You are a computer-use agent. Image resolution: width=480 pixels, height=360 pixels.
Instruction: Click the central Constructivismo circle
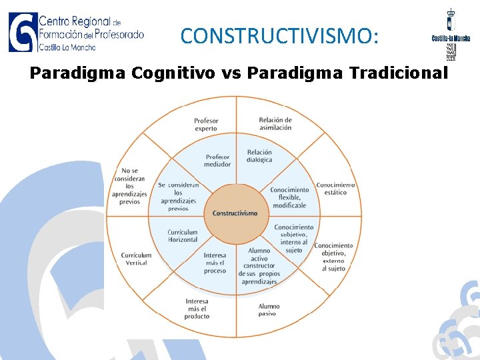click(235, 213)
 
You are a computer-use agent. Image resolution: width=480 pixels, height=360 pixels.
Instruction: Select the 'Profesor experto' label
click(206, 125)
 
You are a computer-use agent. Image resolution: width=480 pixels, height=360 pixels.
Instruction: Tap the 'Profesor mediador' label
click(217, 161)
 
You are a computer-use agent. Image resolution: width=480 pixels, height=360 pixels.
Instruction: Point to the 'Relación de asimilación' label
click(275, 124)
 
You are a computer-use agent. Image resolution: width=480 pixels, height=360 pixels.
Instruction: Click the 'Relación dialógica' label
click(259, 156)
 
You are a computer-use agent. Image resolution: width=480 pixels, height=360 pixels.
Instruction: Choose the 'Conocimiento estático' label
click(335, 188)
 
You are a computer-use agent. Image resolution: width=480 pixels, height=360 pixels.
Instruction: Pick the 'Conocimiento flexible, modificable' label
click(289, 197)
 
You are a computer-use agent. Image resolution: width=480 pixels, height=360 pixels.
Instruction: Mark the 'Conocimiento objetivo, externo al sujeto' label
click(333, 257)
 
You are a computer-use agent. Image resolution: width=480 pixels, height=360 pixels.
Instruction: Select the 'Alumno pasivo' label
click(269, 309)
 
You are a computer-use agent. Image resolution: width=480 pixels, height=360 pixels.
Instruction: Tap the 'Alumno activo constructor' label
click(259, 266)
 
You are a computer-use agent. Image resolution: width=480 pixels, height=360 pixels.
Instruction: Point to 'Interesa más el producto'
click(197, 309)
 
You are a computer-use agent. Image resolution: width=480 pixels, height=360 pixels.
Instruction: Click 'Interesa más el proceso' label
click(215, 263)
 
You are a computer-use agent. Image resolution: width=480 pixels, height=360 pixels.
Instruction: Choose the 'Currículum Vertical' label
click(136, 259)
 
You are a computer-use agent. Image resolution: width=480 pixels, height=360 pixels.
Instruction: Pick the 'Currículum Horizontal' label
click(182, 235)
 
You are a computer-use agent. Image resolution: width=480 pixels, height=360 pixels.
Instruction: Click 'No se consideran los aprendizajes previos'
click(129, 186)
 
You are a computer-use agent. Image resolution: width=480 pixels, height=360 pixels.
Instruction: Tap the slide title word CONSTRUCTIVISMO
click(279, 35)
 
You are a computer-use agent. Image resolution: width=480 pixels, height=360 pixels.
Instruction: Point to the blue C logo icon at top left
click(22, 31)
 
